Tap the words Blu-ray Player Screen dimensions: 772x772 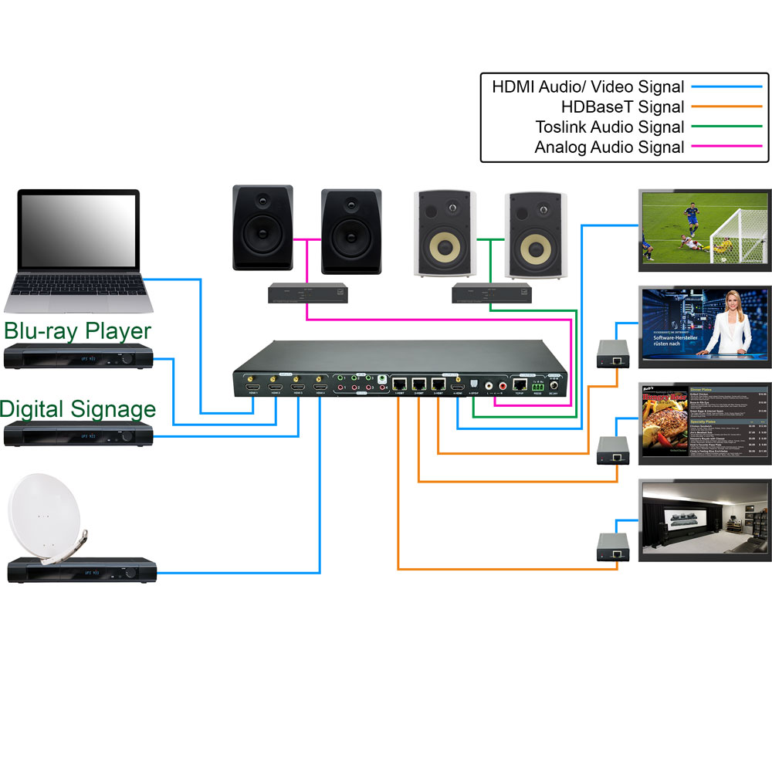[77, 331]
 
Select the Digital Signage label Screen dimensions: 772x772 [77, 408]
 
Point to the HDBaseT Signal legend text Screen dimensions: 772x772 [622, 107]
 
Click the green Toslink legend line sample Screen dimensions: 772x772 [726, 127]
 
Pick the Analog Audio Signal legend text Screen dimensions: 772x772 [609, 147]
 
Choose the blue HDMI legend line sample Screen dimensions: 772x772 [726, 87]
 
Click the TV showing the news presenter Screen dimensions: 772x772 [705, 324]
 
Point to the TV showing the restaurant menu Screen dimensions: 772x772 [705, 423]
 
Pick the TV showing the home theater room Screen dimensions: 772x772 [705, 520]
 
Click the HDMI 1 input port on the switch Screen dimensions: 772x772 [252, 382]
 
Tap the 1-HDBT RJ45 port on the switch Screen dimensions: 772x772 [400, 383]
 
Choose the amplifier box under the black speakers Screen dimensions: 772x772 [307, 293]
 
